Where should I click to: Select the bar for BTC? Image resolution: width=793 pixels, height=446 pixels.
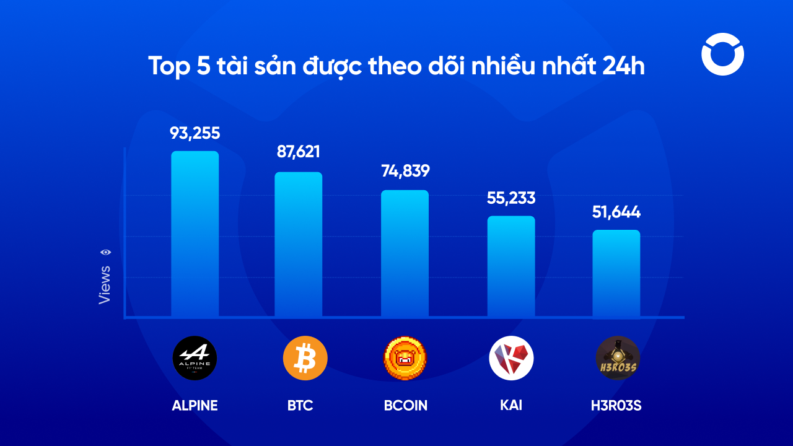pos(299,245)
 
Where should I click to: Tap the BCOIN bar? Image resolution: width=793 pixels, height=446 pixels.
pos(405,254)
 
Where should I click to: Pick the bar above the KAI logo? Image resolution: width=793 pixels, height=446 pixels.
pos(511,267)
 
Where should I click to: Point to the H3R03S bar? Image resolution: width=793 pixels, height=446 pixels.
pos(616,274)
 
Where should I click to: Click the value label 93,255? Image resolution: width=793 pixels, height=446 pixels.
pos(195,133)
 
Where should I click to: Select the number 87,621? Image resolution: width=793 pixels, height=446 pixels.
pos(299,152)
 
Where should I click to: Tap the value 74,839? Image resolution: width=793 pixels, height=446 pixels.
pos(405,171)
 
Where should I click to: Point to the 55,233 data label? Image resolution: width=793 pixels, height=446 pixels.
pos(511,198)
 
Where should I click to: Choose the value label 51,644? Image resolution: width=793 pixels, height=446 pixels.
pos(616,212)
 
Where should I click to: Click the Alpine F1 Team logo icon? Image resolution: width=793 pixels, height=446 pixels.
pos(195,358)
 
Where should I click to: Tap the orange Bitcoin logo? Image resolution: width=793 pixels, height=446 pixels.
pos(305,358)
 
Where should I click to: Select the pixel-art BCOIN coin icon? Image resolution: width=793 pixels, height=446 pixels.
pos(405,358)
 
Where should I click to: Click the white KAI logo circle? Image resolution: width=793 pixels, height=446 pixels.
pos(511,358)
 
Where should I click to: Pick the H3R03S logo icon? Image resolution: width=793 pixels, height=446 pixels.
pos(618,358)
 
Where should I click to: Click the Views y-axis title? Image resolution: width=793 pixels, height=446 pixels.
pos(105,285)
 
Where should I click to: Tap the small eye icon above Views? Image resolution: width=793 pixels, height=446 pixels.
pos(106,252)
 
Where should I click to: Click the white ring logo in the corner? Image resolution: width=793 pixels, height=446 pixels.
pos(722,55)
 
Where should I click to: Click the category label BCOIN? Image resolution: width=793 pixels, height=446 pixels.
pos(405,406)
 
